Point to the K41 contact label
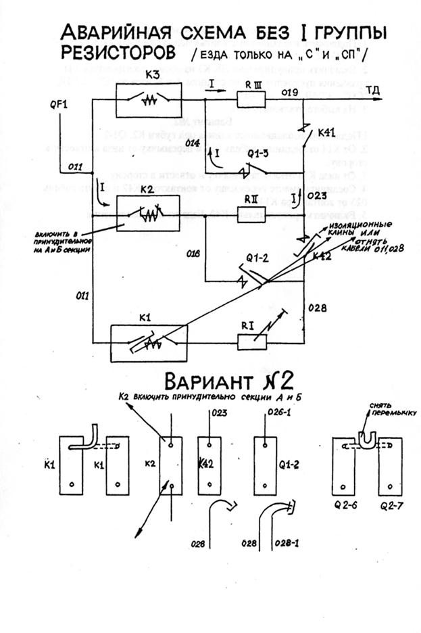tap(326, 133)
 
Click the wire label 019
tap(291, 91)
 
